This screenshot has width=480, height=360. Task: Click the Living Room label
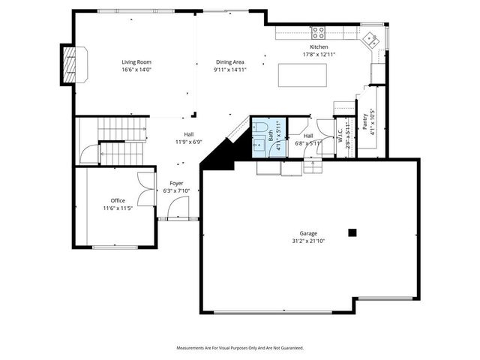(x=137, y=61)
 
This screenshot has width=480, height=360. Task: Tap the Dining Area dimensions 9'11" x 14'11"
(x=229, y=69)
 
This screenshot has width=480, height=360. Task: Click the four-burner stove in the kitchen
(x=318, y=32)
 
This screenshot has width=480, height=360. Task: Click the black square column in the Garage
(x=351, y=232)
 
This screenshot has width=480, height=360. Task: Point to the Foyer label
(x=176, y=183)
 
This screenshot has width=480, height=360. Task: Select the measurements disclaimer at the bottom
(x=240, y=348)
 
